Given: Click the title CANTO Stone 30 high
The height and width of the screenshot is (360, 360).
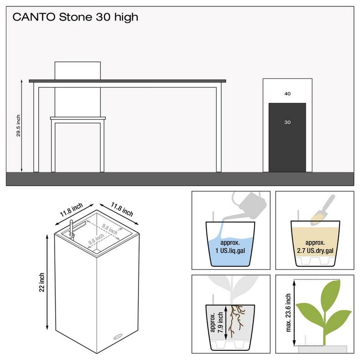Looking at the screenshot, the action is (75, 17).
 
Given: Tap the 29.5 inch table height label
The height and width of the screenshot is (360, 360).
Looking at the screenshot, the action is (18, 126).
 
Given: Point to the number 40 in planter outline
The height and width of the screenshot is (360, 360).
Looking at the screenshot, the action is (288, 94).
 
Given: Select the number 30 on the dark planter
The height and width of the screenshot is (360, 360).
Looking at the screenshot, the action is (288, 123).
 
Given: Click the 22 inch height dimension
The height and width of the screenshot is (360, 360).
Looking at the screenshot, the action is (41, 282).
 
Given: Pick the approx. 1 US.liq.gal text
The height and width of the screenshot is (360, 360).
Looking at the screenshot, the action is (230, 247).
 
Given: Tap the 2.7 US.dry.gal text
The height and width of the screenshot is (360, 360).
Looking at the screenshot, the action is (315, 251).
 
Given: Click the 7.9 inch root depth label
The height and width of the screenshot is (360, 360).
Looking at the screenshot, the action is (220, 322).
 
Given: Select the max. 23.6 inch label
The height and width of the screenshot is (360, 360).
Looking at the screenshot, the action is (288, 313).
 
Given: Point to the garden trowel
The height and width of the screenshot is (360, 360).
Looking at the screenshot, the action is (323, 210).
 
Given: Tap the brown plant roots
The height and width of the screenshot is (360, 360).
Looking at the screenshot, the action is (237, 320).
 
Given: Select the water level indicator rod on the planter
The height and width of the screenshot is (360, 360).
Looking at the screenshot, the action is (72, 228).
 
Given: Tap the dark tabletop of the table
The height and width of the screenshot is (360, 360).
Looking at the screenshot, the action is (128, 81).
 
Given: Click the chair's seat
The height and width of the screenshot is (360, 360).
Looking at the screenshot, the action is (78, 118).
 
